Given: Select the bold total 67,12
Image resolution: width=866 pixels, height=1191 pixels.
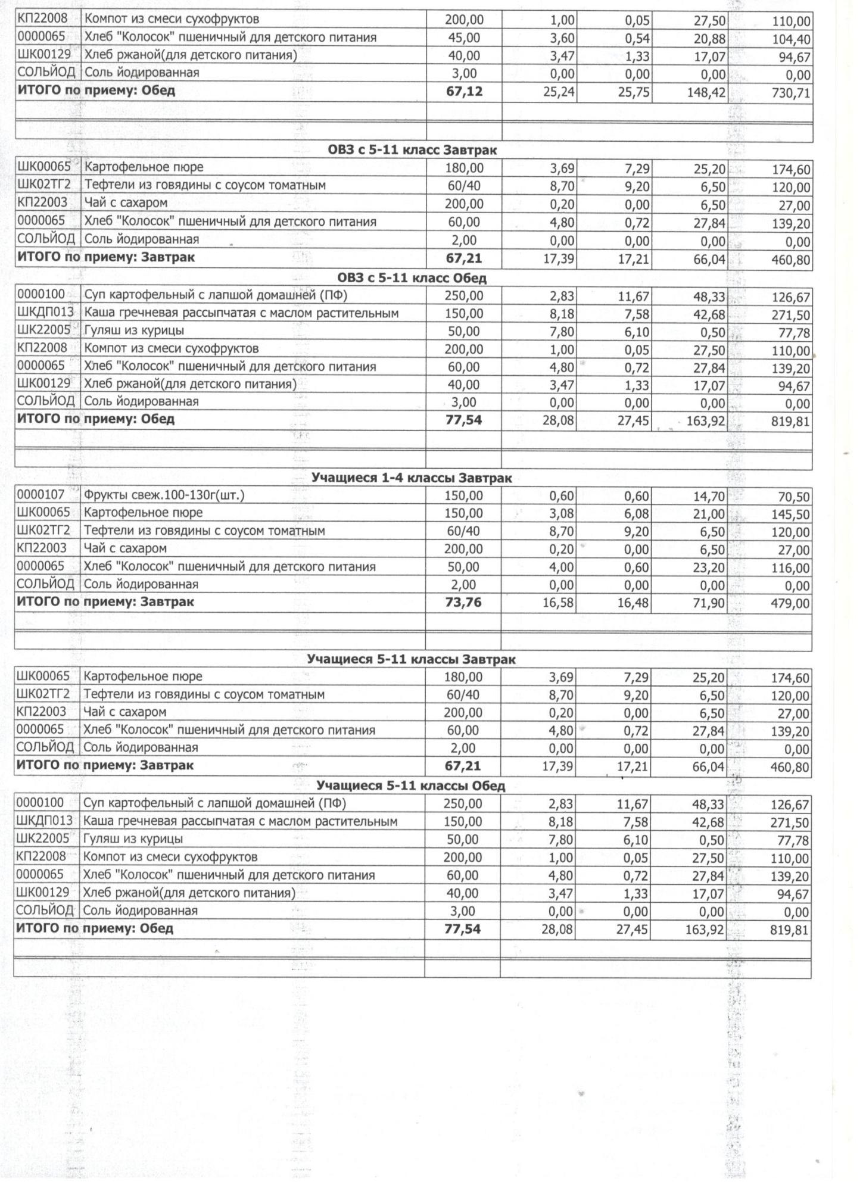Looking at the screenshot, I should pos(464,92).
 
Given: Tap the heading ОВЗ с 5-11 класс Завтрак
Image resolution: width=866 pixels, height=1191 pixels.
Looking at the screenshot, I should pos(412,151).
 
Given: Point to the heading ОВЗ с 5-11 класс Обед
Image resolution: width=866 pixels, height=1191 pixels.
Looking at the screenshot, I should pos(412,278).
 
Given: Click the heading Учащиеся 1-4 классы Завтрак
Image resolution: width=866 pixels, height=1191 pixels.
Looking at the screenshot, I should pos(412,478).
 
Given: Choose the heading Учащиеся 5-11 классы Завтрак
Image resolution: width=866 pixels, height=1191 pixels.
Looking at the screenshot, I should pos(411,660).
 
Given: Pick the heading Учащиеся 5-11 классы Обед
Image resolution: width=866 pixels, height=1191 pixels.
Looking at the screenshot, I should pos(410,786).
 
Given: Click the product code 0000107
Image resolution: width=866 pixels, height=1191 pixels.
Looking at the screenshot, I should pos(40,495).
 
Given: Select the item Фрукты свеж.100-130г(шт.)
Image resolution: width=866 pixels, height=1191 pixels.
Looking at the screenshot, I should pos(164,495).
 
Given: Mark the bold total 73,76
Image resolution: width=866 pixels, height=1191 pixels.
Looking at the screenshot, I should pos(463,603).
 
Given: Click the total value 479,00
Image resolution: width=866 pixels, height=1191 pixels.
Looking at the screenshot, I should pos(790,604).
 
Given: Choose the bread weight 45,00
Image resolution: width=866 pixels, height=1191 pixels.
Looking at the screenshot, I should pos(463,38).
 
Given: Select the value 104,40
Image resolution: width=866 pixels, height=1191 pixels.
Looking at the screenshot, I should pos(791,40).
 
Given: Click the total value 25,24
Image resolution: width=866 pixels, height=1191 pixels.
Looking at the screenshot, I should pos(559,93).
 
